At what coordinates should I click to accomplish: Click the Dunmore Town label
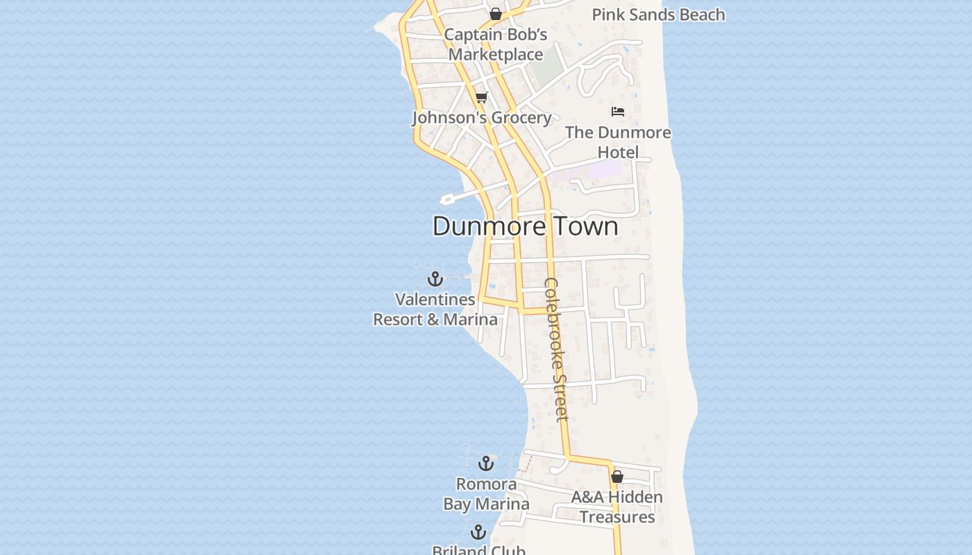click(525, 226)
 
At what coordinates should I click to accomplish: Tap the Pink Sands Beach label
click(658, 15)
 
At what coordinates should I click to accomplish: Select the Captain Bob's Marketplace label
click(496, 44)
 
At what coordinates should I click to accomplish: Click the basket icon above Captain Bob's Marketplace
click(496, 14)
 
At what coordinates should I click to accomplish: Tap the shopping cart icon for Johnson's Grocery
click(481, 97)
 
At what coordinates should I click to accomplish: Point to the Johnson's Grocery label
click(482, 118)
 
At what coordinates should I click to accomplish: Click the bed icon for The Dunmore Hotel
click(618, 112)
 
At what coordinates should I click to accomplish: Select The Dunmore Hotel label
click(618, 142)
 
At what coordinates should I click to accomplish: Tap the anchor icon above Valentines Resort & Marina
click(435, 279)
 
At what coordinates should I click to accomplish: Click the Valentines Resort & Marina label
click(435, 309)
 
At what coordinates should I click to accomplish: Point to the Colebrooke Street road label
click(557, 349)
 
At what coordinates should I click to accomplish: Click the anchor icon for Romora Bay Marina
click(486, 463)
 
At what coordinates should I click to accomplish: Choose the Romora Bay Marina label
click(486, 494)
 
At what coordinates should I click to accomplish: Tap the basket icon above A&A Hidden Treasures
click(617, 477)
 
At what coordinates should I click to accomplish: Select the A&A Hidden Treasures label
click(617, 507)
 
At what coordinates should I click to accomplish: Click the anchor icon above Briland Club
click(478, 532)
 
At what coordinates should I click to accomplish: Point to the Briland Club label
click(479, 551)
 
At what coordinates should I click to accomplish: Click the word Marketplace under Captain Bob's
click(496, 55)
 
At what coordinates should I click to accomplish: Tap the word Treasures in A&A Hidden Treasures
click(617, 518)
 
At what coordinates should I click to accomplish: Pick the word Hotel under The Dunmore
click(618, 152)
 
